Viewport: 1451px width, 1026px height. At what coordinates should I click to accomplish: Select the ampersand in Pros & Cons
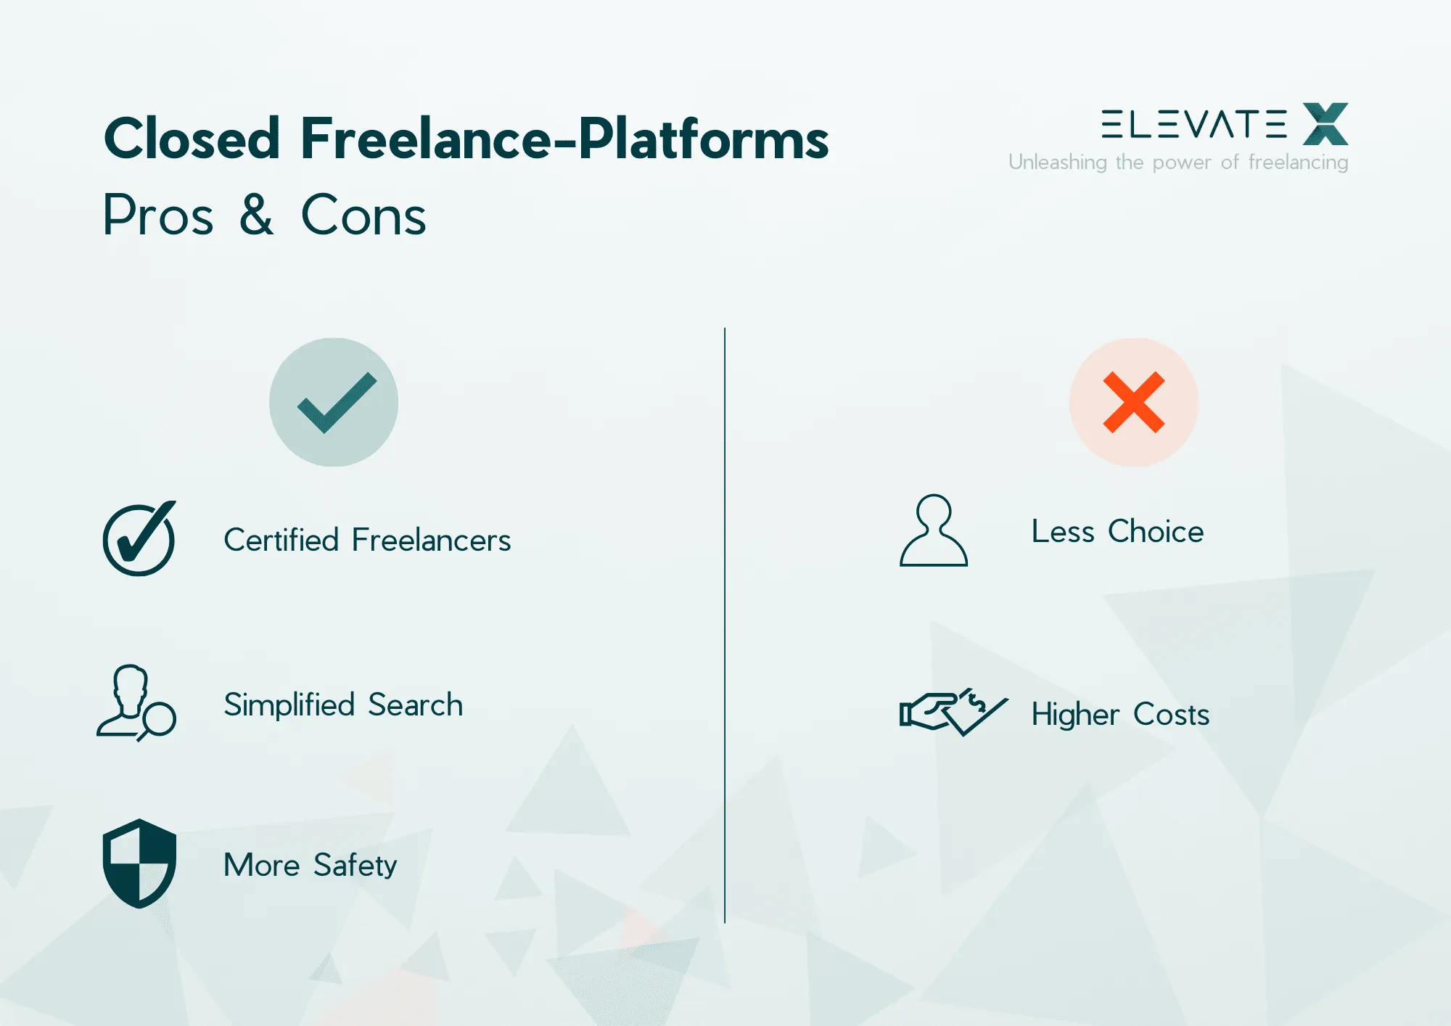[257, 215]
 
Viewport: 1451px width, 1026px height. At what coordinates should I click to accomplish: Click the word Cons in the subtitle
[363, 216]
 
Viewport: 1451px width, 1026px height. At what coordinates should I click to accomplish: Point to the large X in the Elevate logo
[1325, 124]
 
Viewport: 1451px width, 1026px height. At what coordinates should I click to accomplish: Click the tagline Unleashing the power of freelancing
[1178, 162]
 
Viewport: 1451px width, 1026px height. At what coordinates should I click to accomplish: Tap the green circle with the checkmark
[334, 402]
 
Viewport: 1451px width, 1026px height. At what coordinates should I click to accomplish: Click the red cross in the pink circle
[1134, 402]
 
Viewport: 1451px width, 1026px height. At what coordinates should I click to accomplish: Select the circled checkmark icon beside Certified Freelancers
[139, 539]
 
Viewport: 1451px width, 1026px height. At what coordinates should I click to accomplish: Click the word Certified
[281, 540]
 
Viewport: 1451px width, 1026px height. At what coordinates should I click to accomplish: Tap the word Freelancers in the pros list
[431, 540]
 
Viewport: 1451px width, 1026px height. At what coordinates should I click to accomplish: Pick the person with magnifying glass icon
[136, 702]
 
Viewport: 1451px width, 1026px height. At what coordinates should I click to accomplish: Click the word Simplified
[289, 705]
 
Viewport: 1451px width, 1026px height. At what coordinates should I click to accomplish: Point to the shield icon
[139, 863]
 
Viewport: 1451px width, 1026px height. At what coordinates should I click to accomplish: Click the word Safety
[355, 865]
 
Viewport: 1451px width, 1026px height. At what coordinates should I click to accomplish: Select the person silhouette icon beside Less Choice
[934, 530]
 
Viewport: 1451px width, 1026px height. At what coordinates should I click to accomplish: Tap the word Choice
[1156, 531]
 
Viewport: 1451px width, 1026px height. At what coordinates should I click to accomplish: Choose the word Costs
[1171, 714]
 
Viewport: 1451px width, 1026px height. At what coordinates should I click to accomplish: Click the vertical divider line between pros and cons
[725, 624]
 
